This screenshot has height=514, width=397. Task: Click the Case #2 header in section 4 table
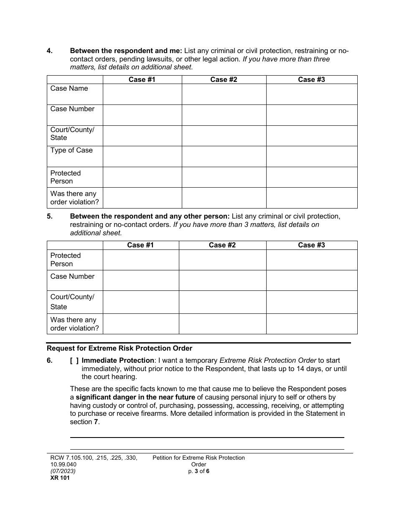(224, 79)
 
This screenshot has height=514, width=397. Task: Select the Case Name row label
(69, 88)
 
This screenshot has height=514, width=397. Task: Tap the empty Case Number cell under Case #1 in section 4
(142, 115)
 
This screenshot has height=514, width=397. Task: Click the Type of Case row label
(71, 150)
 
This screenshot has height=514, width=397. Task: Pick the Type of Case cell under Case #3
(312, 156)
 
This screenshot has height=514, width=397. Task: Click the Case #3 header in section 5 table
(311, 245)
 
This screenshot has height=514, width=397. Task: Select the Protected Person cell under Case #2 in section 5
(222, 260)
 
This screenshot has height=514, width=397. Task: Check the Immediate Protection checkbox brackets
(74, 361)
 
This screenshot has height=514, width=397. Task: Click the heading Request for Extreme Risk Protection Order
(120, 348)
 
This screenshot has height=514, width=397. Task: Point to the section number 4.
(49, 51)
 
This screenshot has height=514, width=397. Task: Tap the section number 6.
(49, 361)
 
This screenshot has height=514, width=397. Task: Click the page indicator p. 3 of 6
(198, 471)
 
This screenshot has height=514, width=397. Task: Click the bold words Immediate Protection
(118, 361)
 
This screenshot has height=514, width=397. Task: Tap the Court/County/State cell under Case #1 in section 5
(141, 302)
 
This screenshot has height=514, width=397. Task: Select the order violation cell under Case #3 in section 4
(312, 198)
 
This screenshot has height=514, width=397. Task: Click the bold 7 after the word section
(96, 422)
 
